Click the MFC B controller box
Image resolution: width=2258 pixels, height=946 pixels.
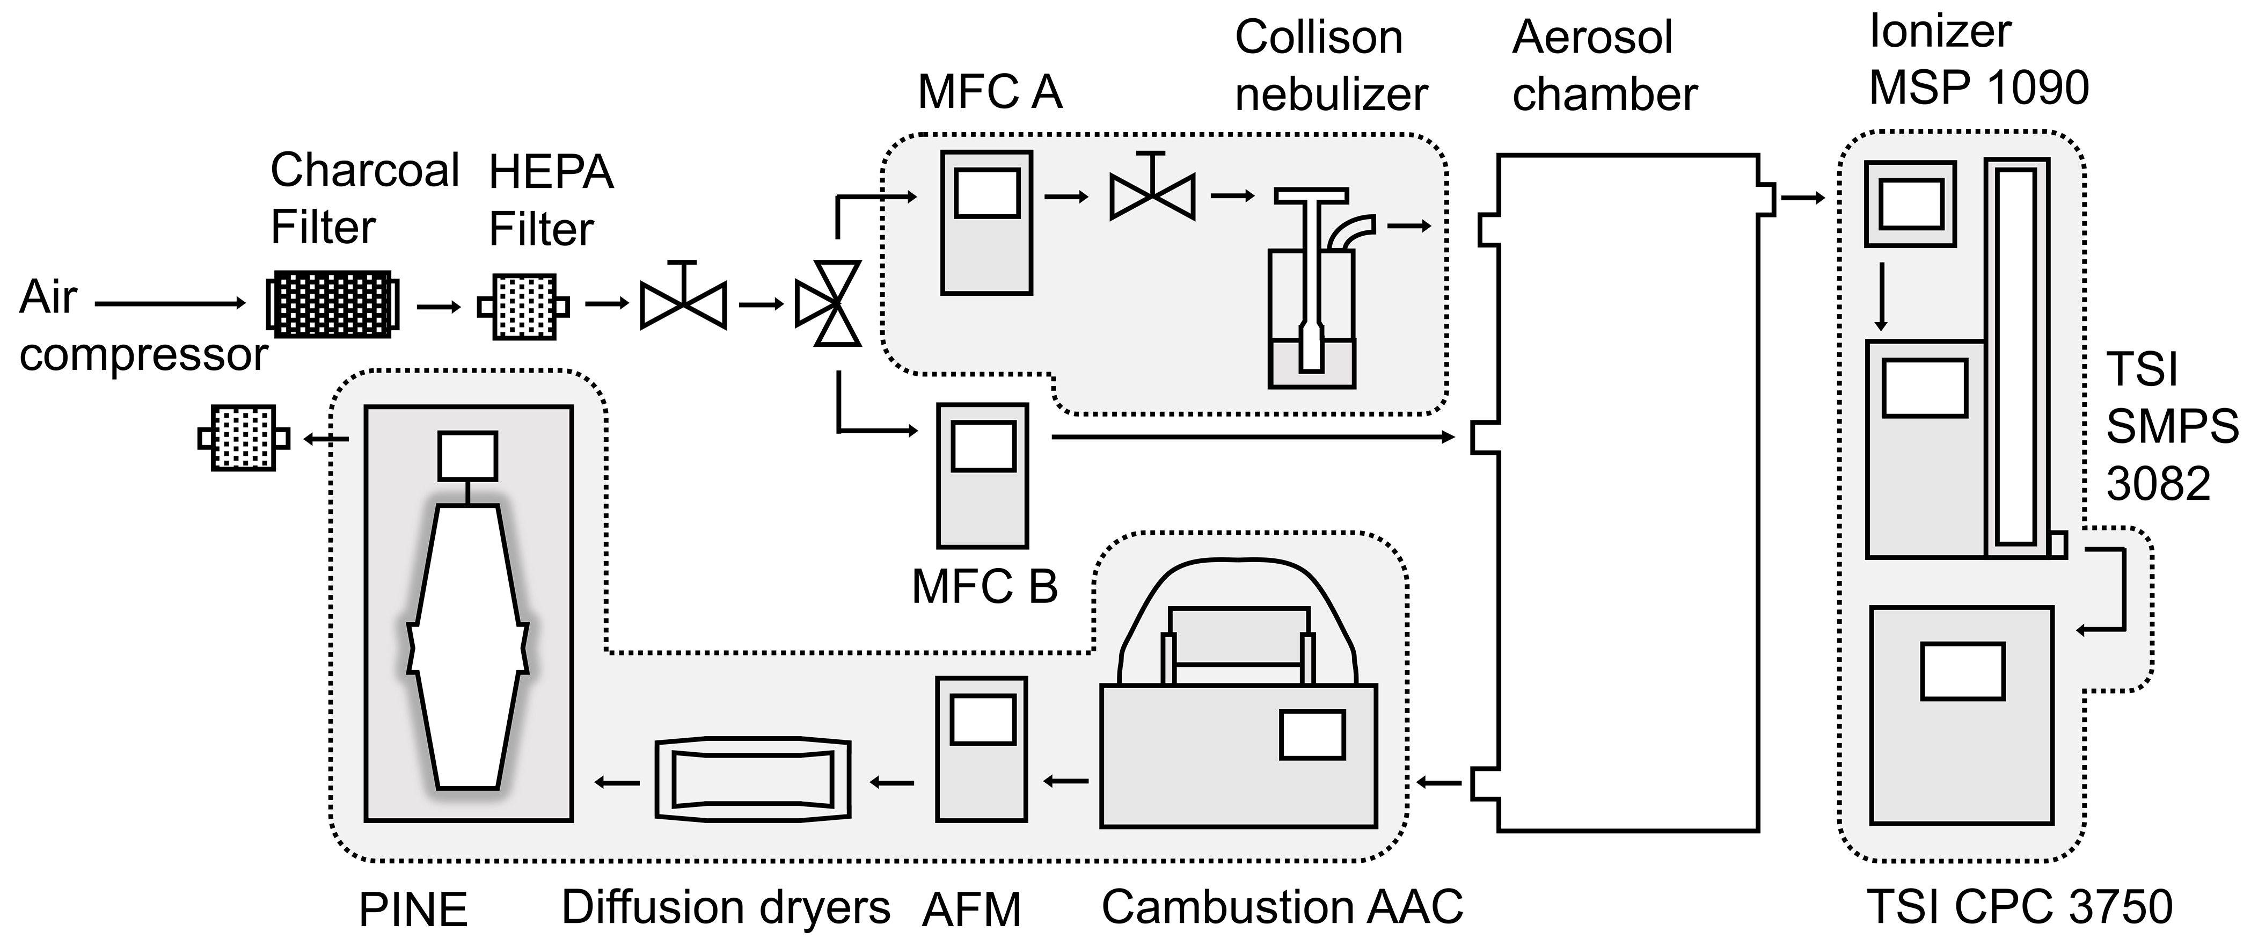[x=982, y=474]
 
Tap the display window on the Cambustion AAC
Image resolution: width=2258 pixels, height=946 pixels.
[x=1312, y=734]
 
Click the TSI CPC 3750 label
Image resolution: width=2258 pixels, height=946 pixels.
[x=2020, y=907]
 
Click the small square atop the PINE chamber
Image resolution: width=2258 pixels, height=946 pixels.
[x=468, y=455]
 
